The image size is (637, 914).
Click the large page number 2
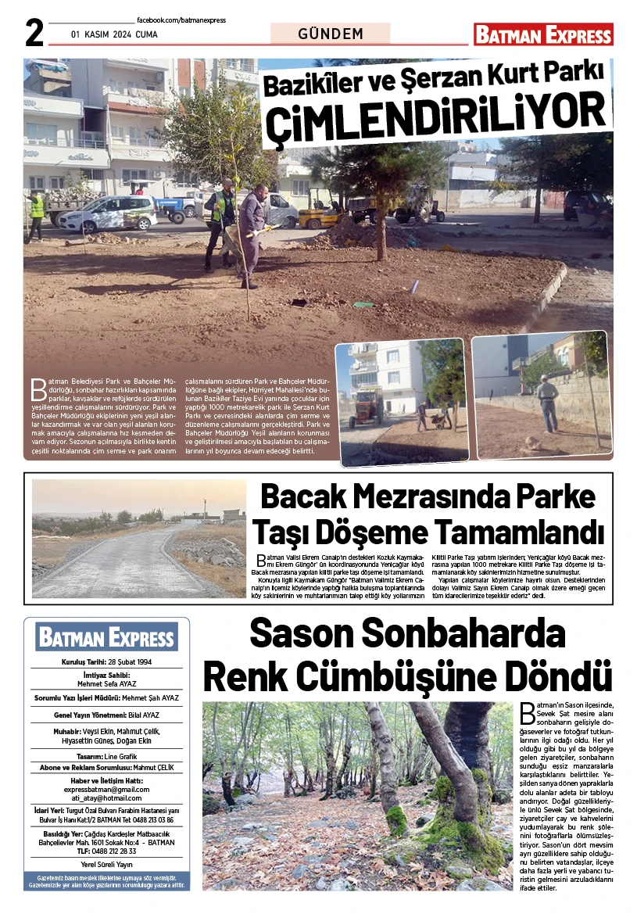pyautogui.click(x=33, y=33)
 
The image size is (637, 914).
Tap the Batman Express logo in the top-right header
pyautogui.click(x=543, y=34)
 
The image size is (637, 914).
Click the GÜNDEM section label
pyautogui.click(x=331, y=34)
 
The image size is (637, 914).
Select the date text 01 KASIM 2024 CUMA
pyautogui.click(x=114, y=34)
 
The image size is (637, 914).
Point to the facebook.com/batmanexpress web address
pyautogui.click(x=181, y=20)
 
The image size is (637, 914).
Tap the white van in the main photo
pyautogui.click(x=109, y=213)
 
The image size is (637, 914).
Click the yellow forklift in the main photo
pyautogui.click(x=320, y=210)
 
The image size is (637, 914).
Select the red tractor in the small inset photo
pyautogui.click(x=366, y=407)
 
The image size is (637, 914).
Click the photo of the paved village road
pyautogui.click(x=139, y=539)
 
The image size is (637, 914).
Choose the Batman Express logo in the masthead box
pyautogui.click(x=106, y=637)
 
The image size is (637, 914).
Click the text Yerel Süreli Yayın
pyautogui.click(x=106, y=864)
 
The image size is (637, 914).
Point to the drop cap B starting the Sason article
pyautogui.click(x=528, y=712)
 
